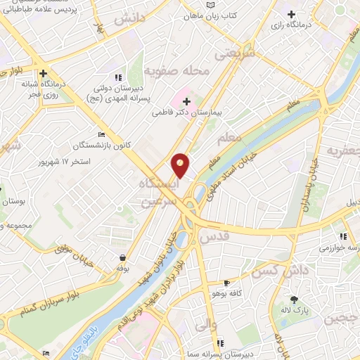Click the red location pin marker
180,165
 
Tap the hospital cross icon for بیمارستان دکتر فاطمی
186,103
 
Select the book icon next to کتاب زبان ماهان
210,5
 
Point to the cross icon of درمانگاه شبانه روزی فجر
44,72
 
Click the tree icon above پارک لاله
294,299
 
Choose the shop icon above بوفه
124,258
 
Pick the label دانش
129,20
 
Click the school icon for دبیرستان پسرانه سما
220,343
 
